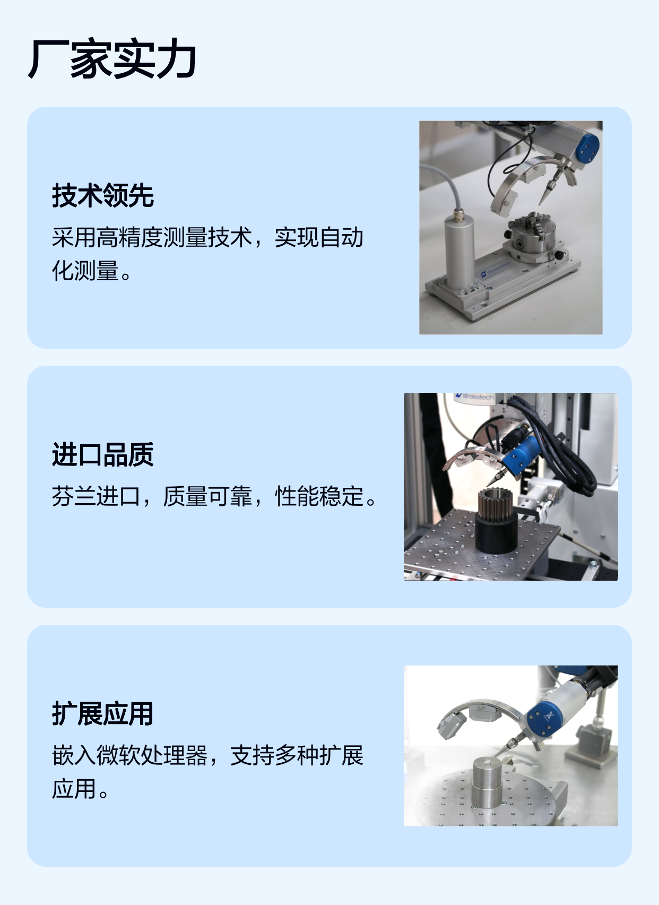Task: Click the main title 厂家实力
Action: point(112,59)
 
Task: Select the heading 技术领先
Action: point(103,195)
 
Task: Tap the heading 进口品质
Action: point(103,454)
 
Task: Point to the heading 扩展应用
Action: point(103,714)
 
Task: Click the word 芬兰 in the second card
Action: point(74,496)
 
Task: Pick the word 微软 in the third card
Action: point(118,755)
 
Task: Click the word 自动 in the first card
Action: point(341,237)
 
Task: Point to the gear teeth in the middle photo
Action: point(496,505)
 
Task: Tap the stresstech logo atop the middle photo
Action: point(474,397)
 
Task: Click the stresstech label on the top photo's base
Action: point(496,269)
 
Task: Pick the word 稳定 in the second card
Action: point(341,496)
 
